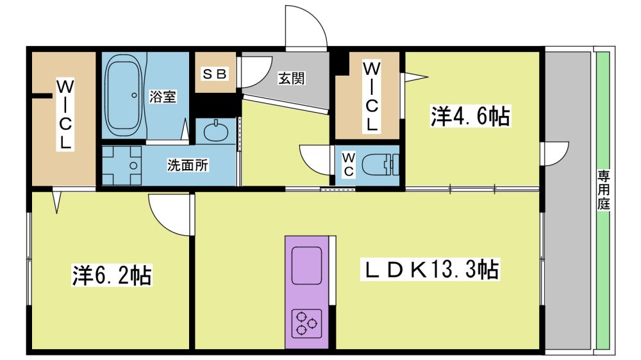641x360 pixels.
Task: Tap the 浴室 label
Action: (163, 97)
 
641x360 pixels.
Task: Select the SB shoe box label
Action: (215, 74)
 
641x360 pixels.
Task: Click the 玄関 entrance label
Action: (292, 78)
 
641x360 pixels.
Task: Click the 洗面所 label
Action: (188, 165)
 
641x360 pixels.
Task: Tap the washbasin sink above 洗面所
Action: (215, 131)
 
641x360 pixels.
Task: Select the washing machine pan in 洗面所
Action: (122, 165)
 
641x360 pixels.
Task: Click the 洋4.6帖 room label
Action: (470, 116)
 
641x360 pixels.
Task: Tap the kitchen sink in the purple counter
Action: (306, 266)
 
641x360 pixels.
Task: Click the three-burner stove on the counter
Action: (306, 323)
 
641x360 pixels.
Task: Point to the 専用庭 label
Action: (604, 190)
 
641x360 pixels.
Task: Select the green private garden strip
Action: (603, 200)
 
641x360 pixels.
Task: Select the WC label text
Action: (348, 164)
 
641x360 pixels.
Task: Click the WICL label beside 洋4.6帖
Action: (371, 97)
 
